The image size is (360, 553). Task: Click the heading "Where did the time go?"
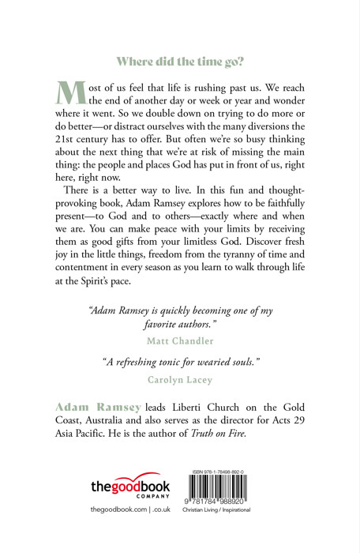181,60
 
